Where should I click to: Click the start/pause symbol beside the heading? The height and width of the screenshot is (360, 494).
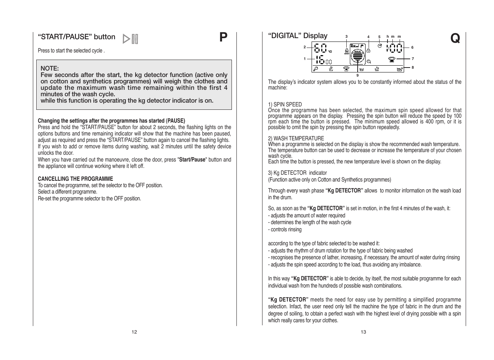pyautogui.click(x=131, y=39)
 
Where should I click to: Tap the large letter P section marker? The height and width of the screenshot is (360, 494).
pyautogui.click(x=224, y=37)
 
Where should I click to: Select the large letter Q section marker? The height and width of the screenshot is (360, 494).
pyautogui.click(x=455, y=38)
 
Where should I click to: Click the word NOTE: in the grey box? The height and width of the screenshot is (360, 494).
pyautogui.click(x=50, y=68)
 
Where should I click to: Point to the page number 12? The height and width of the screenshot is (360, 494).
pyautogui.click(x=134, y=332)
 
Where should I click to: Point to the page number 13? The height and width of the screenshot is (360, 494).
pyautogui.click(x=363, y=332)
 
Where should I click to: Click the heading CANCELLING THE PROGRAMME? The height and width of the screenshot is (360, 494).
pyautogui.click(x=75, y=179)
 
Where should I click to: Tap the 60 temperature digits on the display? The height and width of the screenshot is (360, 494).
pyautogui.click(x=320, y=48)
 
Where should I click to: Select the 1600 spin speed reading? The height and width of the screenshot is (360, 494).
pyautogui.click(x=324, y=60)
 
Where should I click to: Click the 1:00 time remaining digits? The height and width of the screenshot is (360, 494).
pyautogui.click(x=394, y=48)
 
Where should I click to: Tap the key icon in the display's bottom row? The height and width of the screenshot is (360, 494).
pyautogui.click(x=316, y=69)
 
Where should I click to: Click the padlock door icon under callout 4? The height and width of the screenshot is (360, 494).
pyautogui.click(x=368, y=50)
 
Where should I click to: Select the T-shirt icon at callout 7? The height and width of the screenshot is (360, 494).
pyautogui.click(x=392, y=59)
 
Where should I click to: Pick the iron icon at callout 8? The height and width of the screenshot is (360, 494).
pyautogui.click(x=400, y=69)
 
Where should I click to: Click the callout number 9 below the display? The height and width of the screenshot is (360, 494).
pyautogui.click(x=357, y=75)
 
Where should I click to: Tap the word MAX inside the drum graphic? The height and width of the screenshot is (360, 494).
pyautogui.click(x=357, y=51)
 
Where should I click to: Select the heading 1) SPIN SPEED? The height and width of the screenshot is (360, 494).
pyautogui.click(x=285, y=105)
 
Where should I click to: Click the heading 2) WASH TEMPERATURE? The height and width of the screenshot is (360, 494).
pyautogui.click(x=296, y=138)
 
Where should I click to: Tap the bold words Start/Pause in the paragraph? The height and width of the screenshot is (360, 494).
pyautogui.click(x=192, y=160)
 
